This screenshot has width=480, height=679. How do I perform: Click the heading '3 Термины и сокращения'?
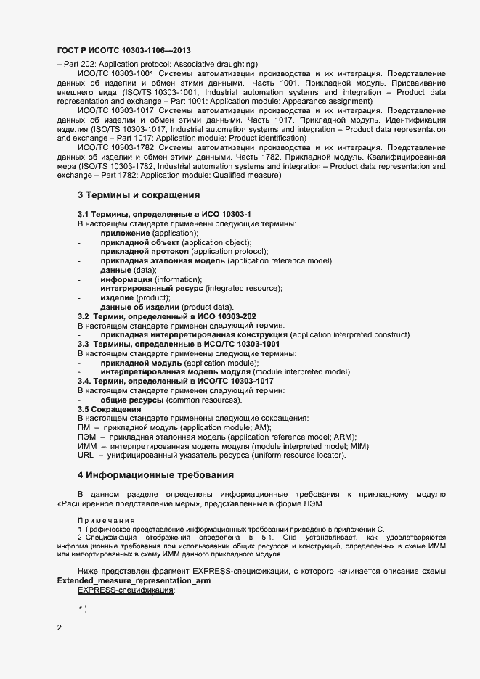[x=138, y=195]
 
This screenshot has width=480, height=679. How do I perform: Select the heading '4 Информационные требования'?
[x=155, y=475]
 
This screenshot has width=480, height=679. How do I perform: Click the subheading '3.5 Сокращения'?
[x=109, y=410]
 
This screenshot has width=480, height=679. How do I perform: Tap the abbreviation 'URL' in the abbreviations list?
[x=85, y=456]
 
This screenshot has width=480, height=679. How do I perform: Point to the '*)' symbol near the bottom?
[x=82, y=608]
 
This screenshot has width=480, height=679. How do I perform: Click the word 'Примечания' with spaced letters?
[x=106, y=521]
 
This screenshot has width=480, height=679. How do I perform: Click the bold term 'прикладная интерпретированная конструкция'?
[x=194, y=335]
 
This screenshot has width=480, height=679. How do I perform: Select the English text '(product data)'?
[x=208, y=307]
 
